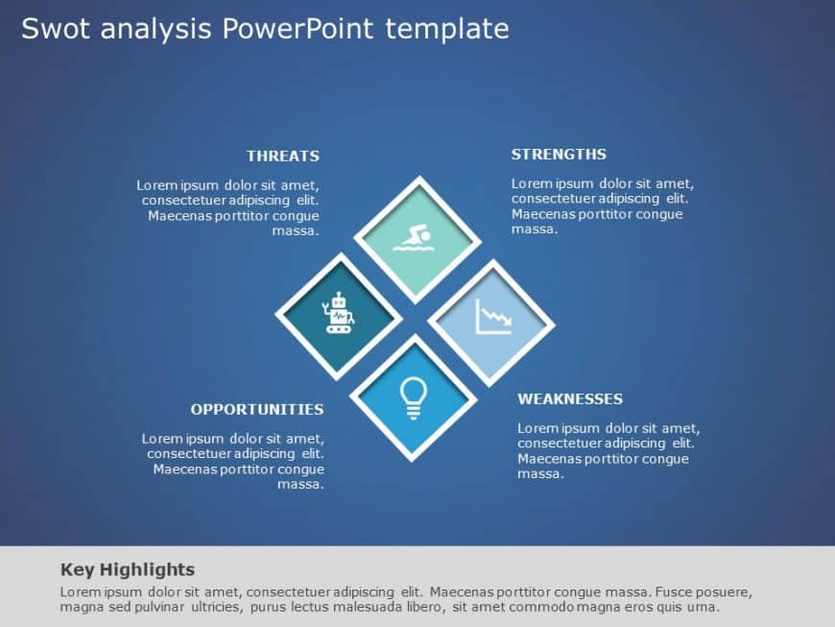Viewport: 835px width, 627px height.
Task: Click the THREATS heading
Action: pos(282,156)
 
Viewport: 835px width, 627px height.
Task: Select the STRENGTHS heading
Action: pos(559,155)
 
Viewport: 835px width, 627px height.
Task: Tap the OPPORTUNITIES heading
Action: pos(256,409)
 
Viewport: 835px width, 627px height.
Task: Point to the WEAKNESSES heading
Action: pos(570,398)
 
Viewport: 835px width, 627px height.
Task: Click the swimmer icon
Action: pos(417,237)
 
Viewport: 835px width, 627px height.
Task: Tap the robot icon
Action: pos(338,313)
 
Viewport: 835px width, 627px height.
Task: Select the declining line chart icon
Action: pos(492,318)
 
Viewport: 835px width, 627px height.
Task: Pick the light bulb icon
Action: pos(413,398)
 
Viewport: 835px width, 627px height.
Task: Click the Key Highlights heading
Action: pos(128,569)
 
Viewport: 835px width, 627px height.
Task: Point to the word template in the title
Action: pos(447,30)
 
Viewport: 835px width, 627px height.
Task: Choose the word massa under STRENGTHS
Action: pos(534,229)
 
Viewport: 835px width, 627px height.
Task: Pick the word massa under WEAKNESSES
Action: pos(540,474)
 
